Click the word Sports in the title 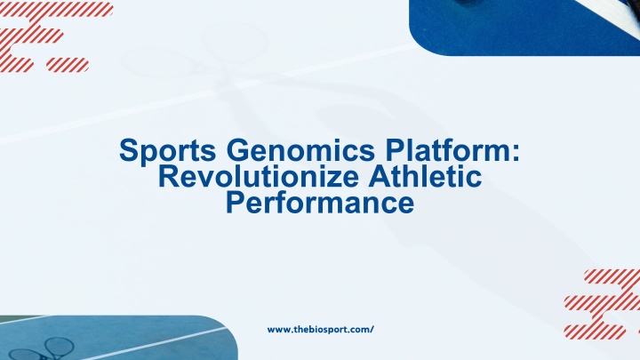pos(167,151)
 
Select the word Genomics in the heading pos(300,150)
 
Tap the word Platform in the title pos(448,150)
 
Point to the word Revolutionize pos(259,176)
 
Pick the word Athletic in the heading pos(425,176)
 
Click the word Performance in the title pos(320,203)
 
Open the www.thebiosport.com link pos(320,330)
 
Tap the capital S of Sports pos(128,150)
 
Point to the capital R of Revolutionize pos(169,176)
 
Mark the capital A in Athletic pos(379,176)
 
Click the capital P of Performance pos(235,203)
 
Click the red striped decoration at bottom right pos(602,304)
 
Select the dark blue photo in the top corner pos(524,28)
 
